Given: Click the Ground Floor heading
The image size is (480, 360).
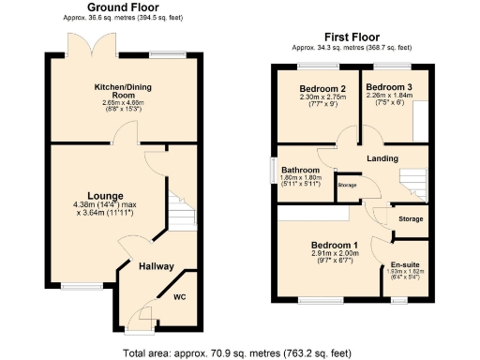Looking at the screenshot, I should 121,7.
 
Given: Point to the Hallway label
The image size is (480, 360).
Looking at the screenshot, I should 156,267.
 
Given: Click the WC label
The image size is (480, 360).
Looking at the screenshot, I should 181,298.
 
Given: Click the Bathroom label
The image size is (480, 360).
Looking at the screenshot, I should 301,171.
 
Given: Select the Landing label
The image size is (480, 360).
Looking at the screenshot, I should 384,159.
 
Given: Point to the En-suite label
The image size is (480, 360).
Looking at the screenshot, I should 405,264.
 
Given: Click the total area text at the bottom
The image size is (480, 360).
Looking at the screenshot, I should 239,353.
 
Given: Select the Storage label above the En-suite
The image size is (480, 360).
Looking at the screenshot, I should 411,219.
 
